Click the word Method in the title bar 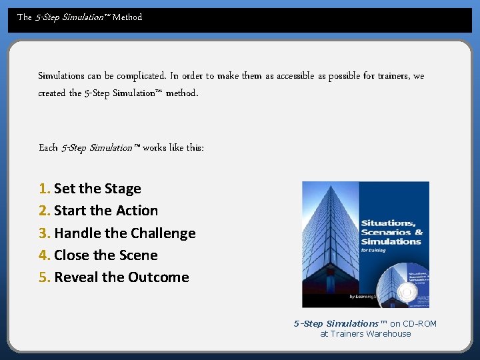127,17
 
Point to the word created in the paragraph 51,93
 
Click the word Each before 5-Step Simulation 48,147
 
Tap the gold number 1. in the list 45,189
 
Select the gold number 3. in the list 45,233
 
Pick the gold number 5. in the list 45,277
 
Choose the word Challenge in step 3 163,233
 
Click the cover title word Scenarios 384,232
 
